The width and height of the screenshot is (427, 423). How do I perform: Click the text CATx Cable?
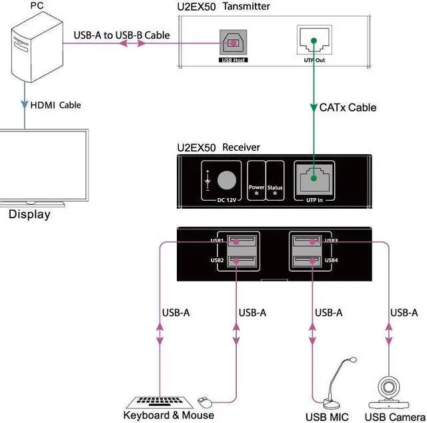[x=348, y=107]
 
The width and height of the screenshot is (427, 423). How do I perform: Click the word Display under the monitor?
[x=29, y=215]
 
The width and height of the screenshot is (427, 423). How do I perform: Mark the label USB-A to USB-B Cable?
[x=121, y=35]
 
